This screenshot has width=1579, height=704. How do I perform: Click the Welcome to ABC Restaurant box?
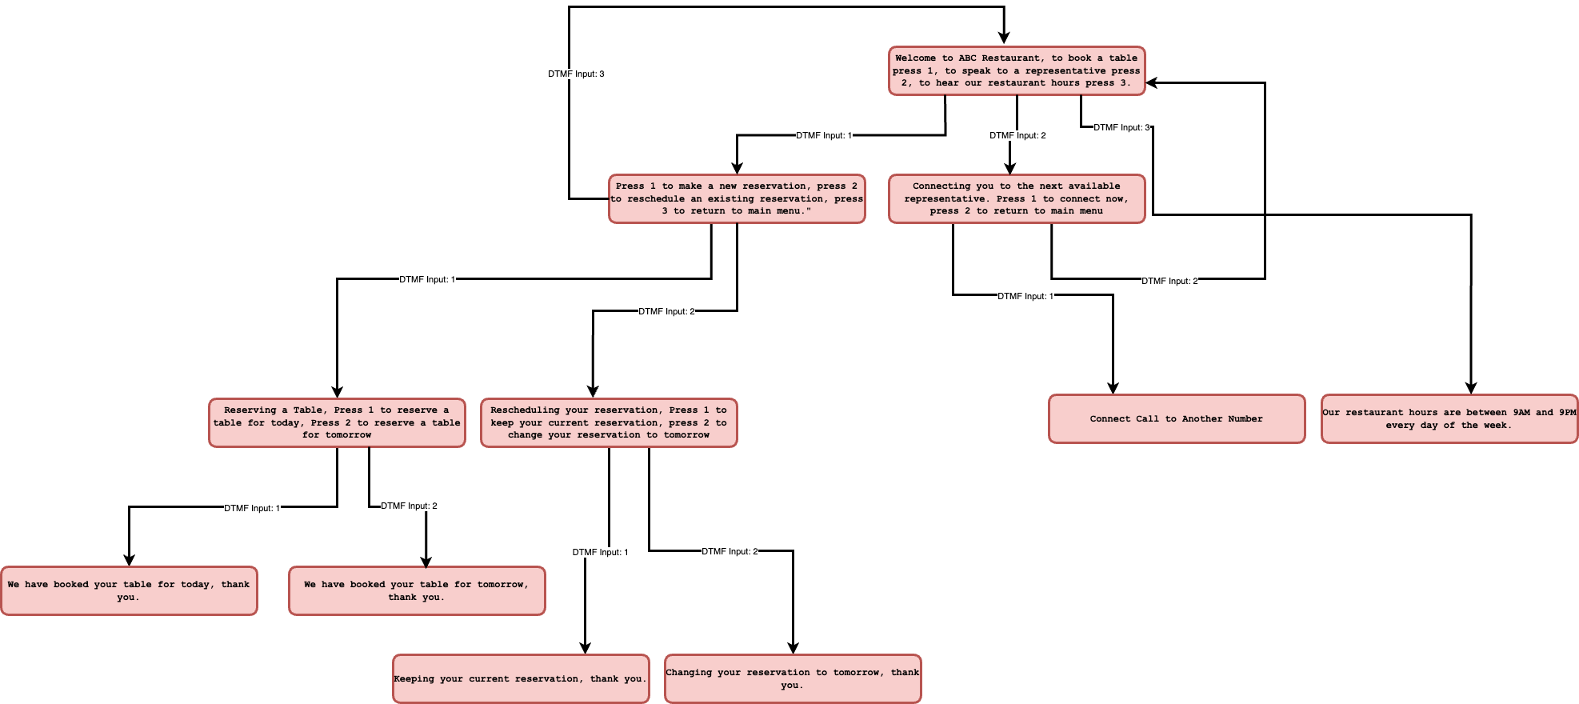(1017, 70)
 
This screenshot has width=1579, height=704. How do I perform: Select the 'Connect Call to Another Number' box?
(1176, 418)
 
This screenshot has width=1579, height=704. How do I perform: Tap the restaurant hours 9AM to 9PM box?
(1449, 418)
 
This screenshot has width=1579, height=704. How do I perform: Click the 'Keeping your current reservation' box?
(520, 678)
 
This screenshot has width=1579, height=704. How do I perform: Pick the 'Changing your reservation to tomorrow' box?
(792, 678)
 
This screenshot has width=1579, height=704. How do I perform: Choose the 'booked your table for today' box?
(129, 590)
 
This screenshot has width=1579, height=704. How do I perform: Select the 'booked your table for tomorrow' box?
(416, 590)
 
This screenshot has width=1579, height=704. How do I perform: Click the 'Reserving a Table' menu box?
(337, 422)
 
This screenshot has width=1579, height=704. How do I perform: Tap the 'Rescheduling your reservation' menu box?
(608, 422)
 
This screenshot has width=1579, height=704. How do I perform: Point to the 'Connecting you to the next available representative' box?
(1016, 198)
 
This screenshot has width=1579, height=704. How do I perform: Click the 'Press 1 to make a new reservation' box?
(736, 198)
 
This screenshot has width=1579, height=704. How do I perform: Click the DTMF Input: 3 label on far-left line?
(576, 74)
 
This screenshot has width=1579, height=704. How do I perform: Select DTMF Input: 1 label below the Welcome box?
(824, 135)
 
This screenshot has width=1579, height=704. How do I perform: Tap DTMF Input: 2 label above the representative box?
(1017, 135)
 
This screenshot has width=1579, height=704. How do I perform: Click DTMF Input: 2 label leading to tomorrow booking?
(409, 506)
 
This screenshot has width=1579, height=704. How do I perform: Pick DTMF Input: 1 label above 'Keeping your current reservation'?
(600, 552)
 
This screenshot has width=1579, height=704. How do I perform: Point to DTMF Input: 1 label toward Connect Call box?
(1025, 296)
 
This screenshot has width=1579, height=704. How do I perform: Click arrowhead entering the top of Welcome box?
(1004, 38)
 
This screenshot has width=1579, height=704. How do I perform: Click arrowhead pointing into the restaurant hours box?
(1471, 387)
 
